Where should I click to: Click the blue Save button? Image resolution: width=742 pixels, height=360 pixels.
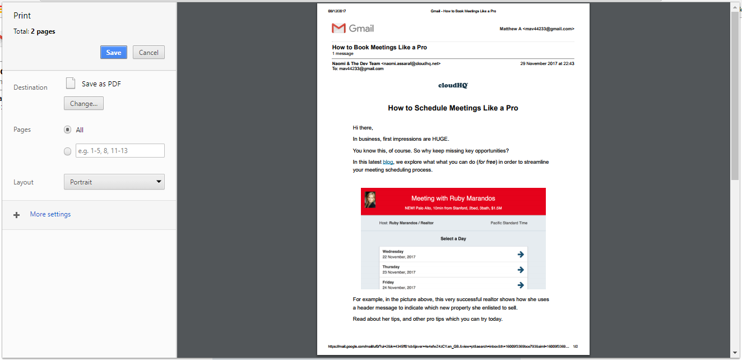(114, 52)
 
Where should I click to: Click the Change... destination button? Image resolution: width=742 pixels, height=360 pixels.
(84, 104)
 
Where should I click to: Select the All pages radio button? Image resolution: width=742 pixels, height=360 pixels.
(68, 130)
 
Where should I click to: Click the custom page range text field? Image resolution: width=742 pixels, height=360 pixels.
(120, 151)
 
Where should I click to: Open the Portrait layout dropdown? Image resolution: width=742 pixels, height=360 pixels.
(114, 182)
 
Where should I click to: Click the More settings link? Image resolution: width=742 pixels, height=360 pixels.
(50, 214)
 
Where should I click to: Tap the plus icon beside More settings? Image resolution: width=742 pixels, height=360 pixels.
(17, 215)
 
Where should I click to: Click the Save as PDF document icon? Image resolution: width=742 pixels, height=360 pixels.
(71, 84)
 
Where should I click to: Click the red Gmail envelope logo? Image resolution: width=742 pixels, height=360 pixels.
(338, 29)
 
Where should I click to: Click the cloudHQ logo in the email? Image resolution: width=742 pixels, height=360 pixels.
(453, 85)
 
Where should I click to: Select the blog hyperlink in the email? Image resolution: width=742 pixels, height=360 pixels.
(388, 162)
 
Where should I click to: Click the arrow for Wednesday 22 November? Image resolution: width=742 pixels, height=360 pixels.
(521, 255)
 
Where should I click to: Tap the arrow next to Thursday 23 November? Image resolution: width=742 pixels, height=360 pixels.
(521, 270)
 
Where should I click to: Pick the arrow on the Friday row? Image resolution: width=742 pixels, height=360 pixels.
(521, 285)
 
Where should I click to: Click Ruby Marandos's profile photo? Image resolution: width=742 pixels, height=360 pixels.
(370, 200)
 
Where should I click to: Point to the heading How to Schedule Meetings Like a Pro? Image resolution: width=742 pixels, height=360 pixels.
(453, 108)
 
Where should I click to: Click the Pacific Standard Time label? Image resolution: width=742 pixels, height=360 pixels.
(509, 223)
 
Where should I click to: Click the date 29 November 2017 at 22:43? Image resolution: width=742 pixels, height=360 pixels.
(547, 64)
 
